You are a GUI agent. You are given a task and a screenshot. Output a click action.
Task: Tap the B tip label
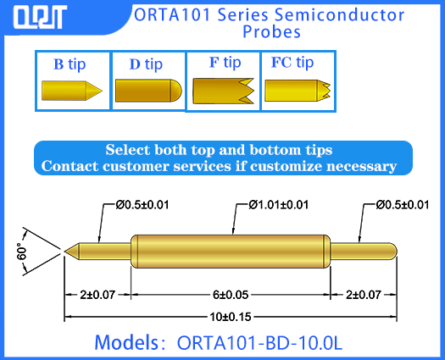[x=71, y=64]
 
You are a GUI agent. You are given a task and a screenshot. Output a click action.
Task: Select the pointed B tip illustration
[x=72, y=89]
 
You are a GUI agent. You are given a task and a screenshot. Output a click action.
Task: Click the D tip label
[x=146, y=64]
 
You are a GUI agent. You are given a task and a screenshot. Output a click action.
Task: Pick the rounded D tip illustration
[x=147, y=89]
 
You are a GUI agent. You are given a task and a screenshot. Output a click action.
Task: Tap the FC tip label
[x=292, y=63]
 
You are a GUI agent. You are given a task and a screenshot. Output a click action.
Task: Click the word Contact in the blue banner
[x=73, y=166]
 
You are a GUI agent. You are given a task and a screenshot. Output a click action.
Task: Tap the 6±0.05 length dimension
[x=231, y=295]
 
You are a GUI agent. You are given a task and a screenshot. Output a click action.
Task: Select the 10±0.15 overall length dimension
[x=231, y=316]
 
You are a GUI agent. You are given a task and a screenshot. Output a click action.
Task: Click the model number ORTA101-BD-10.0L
[x=259, y=343]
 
